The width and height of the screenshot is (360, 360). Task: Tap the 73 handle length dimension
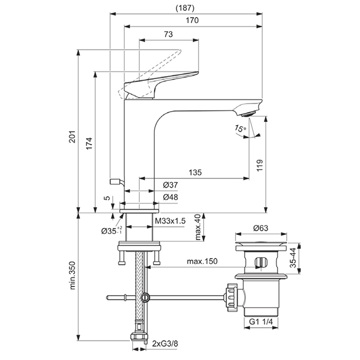tap(168, 34)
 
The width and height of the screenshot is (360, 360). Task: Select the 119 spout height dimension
tap(260, 165)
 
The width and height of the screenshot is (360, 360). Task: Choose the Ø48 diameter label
tap(170, 197)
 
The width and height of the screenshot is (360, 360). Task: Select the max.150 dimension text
tap(203, 261)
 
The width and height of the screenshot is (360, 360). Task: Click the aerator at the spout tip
tap(250, 111)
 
